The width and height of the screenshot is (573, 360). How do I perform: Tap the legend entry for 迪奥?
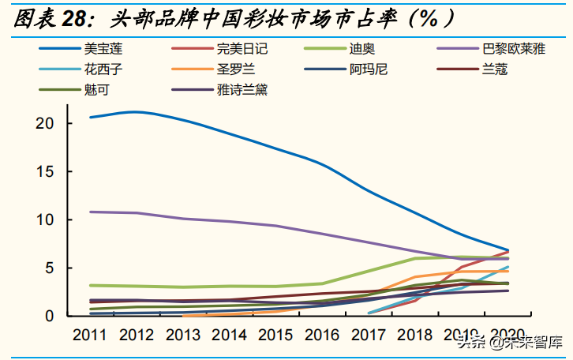pyautogui.click(x=363, y=49)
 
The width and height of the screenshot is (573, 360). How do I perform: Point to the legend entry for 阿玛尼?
pyautogui.click(x=369, y=69)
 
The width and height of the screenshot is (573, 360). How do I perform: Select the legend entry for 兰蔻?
pyautogui.click(x=494, y=69)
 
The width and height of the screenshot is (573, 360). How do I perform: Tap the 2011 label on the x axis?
pyautogui.click(x=90, y=334)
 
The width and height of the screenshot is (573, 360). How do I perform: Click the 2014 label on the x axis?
pyautogui.click(x=229, y=334)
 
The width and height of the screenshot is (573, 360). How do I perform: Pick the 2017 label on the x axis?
pyautogui.click(x=369, y=334)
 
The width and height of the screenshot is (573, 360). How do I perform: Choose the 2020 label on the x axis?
pyautogui.click(x=507, y=334)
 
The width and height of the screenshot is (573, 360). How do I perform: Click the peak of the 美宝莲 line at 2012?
pyautogui.click(x=137, y=111)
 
